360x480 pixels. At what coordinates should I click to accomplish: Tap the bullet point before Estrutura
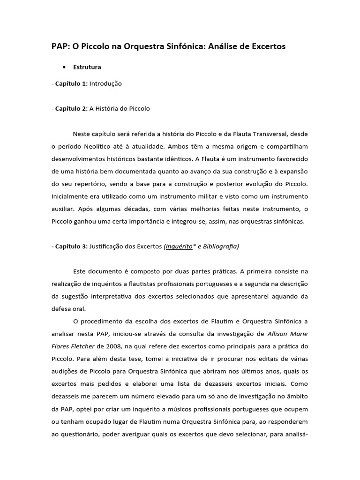pos(64,67)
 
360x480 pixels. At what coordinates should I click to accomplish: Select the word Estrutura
pos(87,67)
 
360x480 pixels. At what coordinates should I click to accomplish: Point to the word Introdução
pos(105,83)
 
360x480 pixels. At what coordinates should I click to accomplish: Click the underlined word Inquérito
pos(178,246)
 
